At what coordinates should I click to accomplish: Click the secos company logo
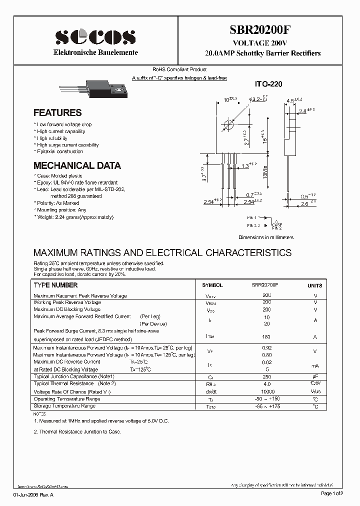click(95, 37)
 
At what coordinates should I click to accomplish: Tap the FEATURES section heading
click(57, 113)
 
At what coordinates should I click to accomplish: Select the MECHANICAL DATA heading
click(77, 165)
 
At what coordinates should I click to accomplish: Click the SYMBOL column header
click(212, 285)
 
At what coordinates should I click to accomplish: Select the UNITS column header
click(314, 285)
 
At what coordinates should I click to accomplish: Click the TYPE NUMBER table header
click(55, 285)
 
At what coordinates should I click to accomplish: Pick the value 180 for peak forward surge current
click(266, 337)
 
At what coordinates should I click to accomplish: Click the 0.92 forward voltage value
click(266, 347)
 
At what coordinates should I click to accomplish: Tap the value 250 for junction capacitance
click(266, 376)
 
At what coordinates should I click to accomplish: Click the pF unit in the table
click(315, 376)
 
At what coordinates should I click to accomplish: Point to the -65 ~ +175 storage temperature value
click(267, 406)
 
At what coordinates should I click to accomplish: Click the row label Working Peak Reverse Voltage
click(67, 302)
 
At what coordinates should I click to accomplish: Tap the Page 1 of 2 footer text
click(331, 493)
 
